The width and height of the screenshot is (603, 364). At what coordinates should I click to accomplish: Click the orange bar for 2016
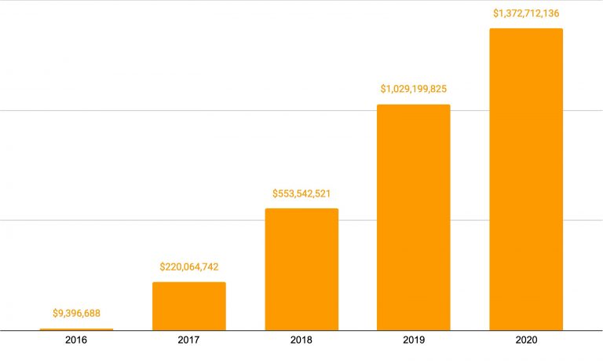click(76, 329)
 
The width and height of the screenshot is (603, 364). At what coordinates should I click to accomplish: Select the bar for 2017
click(188, 306)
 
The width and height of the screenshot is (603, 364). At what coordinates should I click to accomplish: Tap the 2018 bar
click(301, 269)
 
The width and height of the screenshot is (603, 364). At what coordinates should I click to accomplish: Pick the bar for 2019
click(414, 217)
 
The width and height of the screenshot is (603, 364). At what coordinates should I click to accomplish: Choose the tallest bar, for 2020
click(526, 179)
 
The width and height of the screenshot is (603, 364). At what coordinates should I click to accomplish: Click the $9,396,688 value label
click(76, 313)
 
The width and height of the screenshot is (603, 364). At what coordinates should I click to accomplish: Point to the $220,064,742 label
click(188, 267)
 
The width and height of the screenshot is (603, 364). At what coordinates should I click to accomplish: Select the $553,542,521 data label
click(301, 193)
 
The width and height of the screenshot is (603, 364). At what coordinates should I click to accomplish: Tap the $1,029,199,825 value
click(414, 89)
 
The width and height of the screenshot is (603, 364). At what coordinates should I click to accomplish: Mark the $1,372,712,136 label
click(526, 13)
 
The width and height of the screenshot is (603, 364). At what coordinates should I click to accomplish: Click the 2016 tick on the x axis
click(76, 340)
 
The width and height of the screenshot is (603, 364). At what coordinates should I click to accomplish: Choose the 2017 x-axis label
click(188, 340)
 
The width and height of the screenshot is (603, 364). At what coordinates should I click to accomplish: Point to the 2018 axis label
click(301, 340)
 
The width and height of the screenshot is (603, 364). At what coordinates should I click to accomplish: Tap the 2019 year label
click(414, 340)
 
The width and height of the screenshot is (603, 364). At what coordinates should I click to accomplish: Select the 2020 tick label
click(526, 340)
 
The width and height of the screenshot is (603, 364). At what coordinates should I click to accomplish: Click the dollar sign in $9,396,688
click(55, 313)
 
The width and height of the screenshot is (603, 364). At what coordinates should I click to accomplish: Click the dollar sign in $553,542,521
click(276, 193)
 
